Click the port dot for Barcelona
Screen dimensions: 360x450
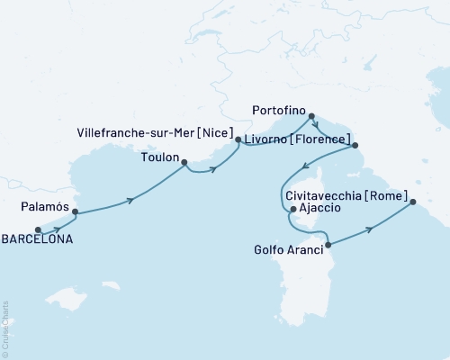[38, 229]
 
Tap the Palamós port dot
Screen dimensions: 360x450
[75, 212]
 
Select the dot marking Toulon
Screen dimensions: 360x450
[184, 163]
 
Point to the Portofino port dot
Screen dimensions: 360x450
[311, 116]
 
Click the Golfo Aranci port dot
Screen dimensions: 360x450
[328, 245]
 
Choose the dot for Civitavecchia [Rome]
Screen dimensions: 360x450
[414, 202]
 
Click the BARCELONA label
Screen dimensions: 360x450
[35, 240]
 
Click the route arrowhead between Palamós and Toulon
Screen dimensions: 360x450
[132, 200]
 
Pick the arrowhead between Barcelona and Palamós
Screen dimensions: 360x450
[57, 229]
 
